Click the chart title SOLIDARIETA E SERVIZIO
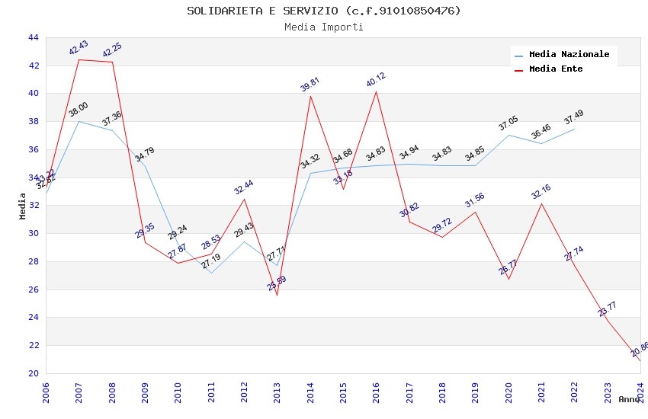(x=324, y=11)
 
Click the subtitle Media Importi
(x=324, y=27)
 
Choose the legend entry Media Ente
(x=556, y=69)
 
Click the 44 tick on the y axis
(x=33, y=37)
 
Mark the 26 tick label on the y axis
(x=33, y=289)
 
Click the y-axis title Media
(x=23, y=206)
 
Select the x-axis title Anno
(x=629, y=399)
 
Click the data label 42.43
(x=79, y=48)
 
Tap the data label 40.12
(x=376, y=80)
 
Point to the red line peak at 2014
(x=310, y=96)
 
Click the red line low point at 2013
(x=277, y=295)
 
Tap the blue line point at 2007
(x=79, y=121)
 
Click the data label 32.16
(x=541, y=192)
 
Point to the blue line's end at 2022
(x=574, y=129)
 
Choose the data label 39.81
(x=310, y=84)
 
